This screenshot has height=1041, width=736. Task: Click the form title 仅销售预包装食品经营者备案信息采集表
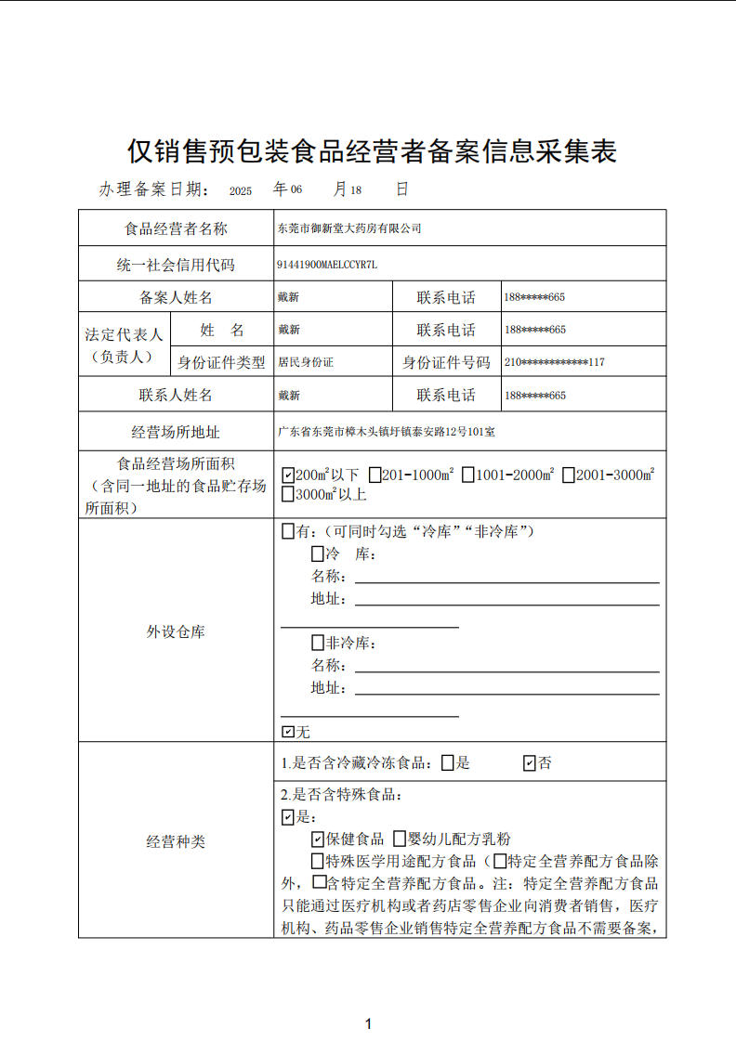372,150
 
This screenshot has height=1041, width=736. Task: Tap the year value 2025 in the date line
241,190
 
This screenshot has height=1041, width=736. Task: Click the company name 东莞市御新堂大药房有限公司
349,228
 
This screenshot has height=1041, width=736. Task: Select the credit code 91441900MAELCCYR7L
327,265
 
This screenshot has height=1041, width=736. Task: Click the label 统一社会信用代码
176,265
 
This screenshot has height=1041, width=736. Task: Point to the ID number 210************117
555,362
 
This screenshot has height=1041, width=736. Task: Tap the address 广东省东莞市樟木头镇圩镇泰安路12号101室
387,432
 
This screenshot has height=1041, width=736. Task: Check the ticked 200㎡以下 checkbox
287,475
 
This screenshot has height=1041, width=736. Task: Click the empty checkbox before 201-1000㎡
375,475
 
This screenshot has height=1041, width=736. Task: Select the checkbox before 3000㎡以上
287,495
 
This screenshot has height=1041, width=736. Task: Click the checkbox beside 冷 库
318,554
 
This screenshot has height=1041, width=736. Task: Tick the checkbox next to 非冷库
318,643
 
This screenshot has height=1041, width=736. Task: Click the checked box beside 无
287,732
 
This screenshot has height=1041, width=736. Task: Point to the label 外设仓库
176,632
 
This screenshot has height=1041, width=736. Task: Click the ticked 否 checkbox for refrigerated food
530,763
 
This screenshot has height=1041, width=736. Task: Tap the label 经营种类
176,842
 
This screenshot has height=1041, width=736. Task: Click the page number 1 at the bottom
369,1024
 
